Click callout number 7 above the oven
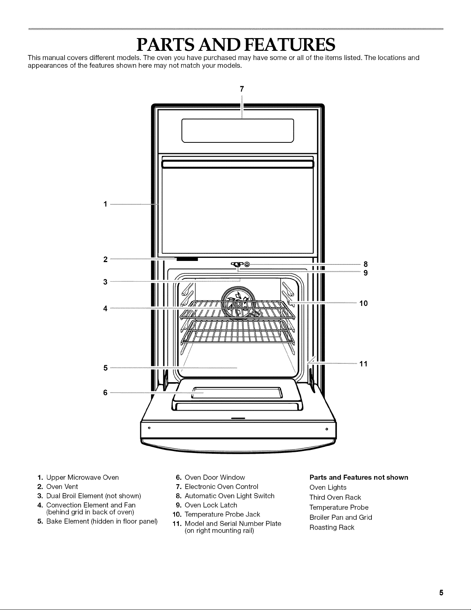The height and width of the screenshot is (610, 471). (242, 89)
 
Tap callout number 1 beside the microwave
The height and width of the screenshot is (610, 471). (105, 204)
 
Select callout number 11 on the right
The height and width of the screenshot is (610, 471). (363, 364)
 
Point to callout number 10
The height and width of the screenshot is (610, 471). (363, 303)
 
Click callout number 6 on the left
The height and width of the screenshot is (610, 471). (105, 393)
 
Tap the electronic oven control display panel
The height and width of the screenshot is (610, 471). (238, 130)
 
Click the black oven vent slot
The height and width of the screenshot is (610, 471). (187, 259)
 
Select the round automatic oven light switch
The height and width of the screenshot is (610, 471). (247, 264)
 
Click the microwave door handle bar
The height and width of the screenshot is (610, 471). (238, 164)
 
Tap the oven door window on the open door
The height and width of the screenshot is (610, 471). (237, 393)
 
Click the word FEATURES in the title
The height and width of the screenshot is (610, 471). (290, 44)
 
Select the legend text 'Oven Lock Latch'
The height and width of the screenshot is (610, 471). (211, 505)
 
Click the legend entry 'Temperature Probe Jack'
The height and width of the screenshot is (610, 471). (222, 514)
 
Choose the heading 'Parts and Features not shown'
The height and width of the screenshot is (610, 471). (359, 478)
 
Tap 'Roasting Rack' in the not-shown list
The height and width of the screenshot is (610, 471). (332, 528)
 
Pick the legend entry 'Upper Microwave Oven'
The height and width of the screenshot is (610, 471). (82, 478)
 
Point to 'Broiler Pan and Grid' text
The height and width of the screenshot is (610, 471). (341, 517)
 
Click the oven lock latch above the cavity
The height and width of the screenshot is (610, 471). (237, 264)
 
